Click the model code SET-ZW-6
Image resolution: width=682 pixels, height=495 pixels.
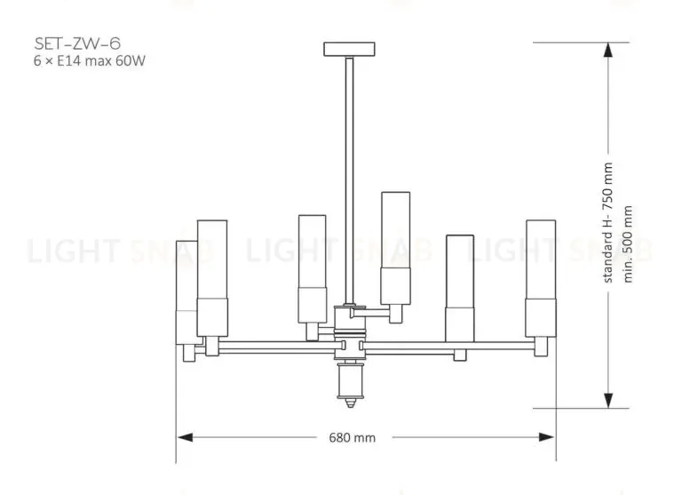coord(77,44)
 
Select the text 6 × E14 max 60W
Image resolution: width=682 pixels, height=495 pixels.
coord(89,60)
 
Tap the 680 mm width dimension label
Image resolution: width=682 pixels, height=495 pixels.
coord(353,437)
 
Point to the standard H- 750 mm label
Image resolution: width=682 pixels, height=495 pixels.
coord(608,222)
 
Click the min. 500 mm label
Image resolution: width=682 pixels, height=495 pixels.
coord(628,244)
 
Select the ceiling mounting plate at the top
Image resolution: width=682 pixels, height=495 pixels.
coord(349,49)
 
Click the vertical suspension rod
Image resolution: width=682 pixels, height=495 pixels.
coord(349,180)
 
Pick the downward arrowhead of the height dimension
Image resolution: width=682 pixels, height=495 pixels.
coord(608,401)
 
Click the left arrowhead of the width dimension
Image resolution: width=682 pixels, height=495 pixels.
coord(185,437)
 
